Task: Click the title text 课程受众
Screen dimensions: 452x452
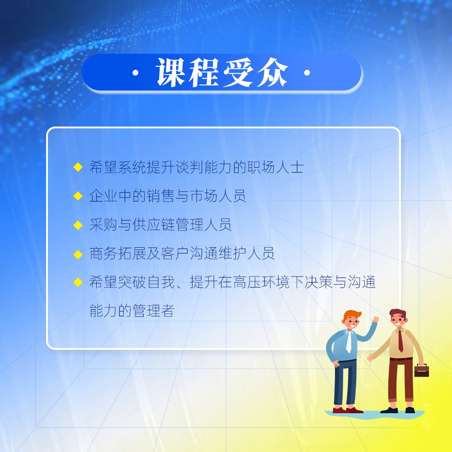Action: coord(222,72)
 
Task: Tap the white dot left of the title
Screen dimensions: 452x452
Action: coord(136,73)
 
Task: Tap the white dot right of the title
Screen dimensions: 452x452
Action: coord(307,73)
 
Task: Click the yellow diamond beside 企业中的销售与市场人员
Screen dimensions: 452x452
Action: coord(78,196)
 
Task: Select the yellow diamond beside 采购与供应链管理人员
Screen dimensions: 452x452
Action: coord(78,225)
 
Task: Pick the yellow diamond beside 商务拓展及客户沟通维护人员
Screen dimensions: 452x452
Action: coord(78,254)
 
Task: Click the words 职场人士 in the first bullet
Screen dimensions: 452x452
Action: coord(275,167)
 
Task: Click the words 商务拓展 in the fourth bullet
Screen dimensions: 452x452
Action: coord(118,254)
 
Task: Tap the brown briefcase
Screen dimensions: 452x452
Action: coord(421,370)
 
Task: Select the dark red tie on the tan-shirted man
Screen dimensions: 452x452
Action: coord(400,341)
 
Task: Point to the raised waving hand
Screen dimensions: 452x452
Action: coord(375,320)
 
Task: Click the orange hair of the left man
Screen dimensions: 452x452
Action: coord(352,315)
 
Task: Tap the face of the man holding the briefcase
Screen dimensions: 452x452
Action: coord(398,320)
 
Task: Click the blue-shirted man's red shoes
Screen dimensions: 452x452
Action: coord(348,410)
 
